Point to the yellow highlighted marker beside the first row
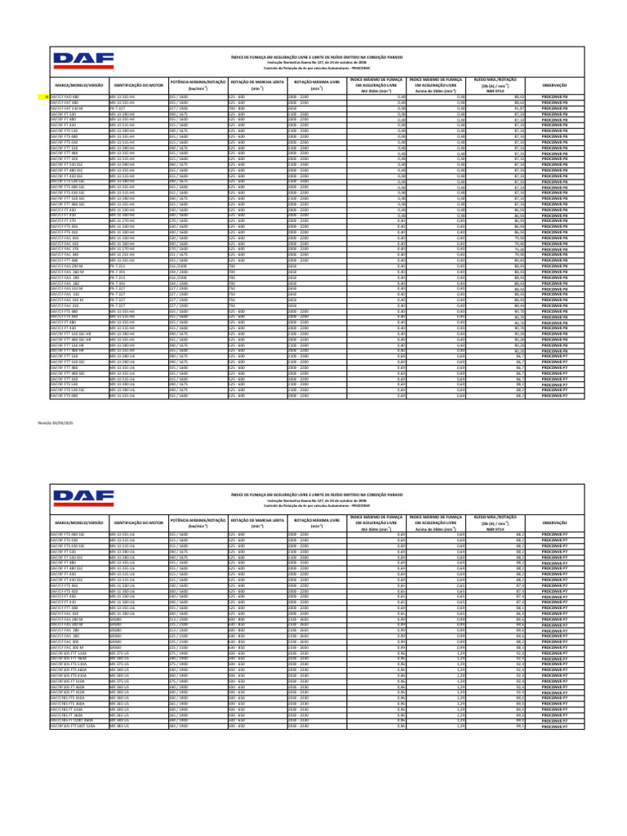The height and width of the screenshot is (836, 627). pos(47,96)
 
